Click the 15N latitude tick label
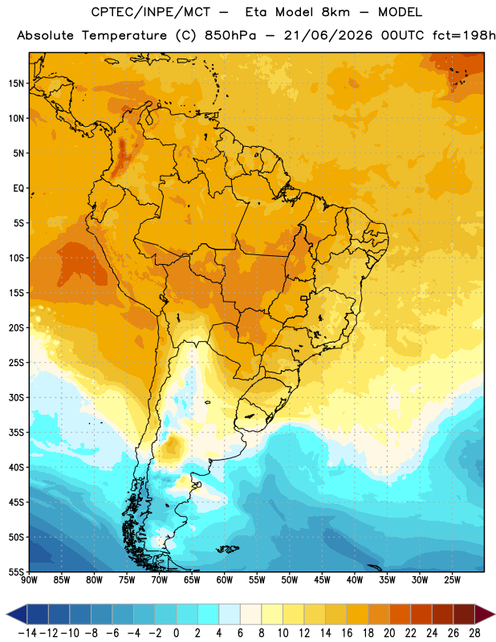pyautogui.click(x=16, y=83)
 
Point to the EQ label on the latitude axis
pyautogui.click(x=18, y=189)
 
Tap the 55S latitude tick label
pyautogui.click(x=16, y=571)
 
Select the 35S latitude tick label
pyautogui.click(x=16, y=433)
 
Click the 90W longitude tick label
pyautogui.click(x=29, y=580)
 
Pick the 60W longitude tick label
pyautogui.click(x=225, y=580)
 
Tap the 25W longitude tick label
pyautogui.click(x=452, y=580)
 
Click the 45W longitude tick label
pyautogui.click(x=322, y=580)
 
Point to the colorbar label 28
pyautogui.click(x=474, y=633)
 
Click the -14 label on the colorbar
pyautogui.click(x=27, y=633)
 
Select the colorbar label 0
pyautogui.click(x=176, y=633)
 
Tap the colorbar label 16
pyautogui.click(x=347, y=633)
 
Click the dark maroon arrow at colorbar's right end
pyautogui.click(x=485, y=614)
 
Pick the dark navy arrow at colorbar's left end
pyautogui.click(x=16, y=614)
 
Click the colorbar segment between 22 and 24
pyautogui.click(x=421, y=614)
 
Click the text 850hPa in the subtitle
pyautogui.click(x=230, y=35)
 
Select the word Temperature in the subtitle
pyautogui.click(x=124, y=35)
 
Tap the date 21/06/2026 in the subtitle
pyautogui.click(x=328, y=35)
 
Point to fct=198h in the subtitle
pyautogui.click(x=464, y=35)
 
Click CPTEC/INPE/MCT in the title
pyautogui.click(x=150, y=12)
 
